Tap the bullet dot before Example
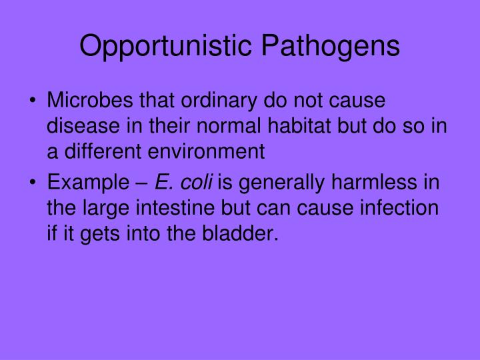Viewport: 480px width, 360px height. tap(33, 183)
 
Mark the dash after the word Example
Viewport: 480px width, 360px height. tap(143, 182)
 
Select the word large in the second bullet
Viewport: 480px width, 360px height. tap(99, 207)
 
